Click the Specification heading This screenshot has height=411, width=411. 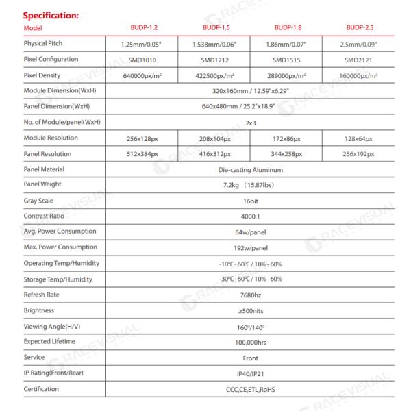click(x=52, y=14)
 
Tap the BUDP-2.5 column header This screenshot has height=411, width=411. click(x=359, y=27)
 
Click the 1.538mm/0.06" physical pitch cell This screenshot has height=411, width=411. click(x=213, y=44)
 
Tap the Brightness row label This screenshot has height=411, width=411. click(x=38, y=310)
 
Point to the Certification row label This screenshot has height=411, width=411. click(x=42, y=389)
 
